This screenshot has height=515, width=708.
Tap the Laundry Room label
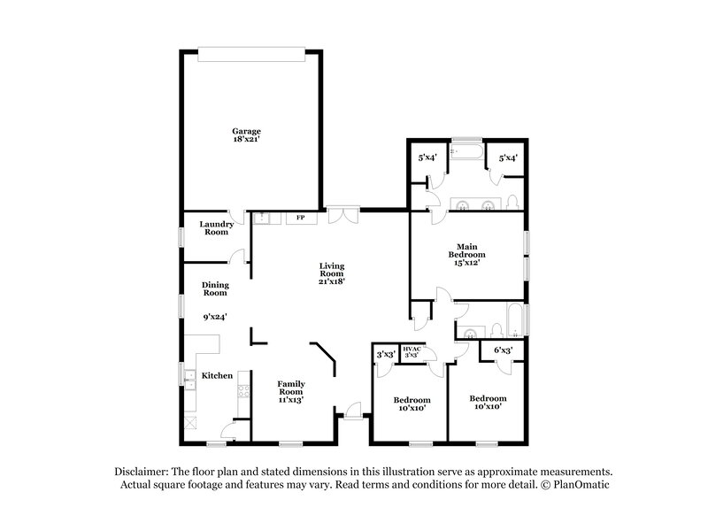coord(216,228)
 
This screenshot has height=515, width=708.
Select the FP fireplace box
coord(300,217)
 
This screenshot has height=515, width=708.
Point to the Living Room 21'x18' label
coord(332,273)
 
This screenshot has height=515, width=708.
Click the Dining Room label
coord(215,288)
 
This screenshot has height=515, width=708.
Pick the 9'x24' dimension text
coord(215,317)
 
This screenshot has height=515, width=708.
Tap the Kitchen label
coord(217,376)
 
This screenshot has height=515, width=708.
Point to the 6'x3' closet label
coord(503,350)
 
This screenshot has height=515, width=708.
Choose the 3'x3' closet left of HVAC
coord(385,354)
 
